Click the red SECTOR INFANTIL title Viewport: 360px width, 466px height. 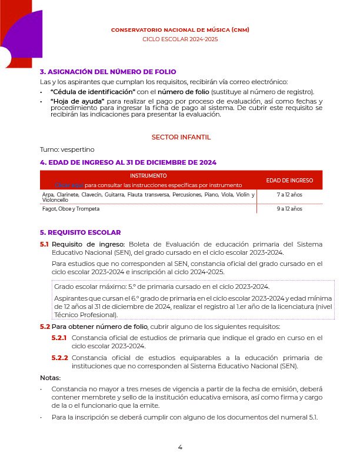click(181, 137)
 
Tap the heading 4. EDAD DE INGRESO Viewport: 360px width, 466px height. click(128, 162)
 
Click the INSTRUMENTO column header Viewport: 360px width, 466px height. click(148, 175)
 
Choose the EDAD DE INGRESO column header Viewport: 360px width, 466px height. click(289, 180)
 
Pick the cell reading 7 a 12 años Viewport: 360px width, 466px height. click(289, 194)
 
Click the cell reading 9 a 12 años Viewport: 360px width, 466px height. click(289, 209)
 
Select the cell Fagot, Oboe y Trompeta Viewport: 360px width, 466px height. click(71, 209)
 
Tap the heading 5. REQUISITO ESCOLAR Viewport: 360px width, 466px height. click(80, 232)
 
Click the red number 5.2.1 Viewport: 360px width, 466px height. click(59, 338)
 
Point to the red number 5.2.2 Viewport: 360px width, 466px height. click(59, 358)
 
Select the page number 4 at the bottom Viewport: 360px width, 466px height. click(180, 447)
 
